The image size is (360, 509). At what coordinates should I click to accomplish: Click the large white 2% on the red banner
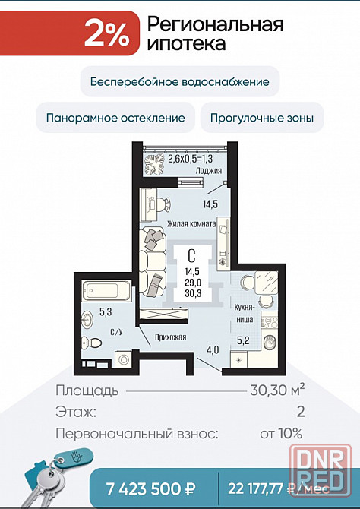107,33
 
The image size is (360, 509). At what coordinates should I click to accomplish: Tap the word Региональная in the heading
215,25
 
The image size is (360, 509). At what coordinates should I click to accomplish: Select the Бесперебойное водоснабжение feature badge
180,81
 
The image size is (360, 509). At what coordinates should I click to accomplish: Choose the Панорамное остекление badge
115,117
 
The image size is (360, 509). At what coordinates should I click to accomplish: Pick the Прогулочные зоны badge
262,117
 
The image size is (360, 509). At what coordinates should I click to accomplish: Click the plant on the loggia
154,165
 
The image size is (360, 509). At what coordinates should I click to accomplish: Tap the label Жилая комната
191,223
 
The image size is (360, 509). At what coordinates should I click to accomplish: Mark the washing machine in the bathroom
124,359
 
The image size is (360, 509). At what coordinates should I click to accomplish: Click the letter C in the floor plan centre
191,256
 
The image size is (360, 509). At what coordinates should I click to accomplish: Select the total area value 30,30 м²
278,390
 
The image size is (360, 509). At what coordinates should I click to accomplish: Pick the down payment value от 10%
282,433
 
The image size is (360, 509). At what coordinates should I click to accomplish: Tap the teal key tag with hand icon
73,458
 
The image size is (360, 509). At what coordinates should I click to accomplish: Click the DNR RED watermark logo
321,469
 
